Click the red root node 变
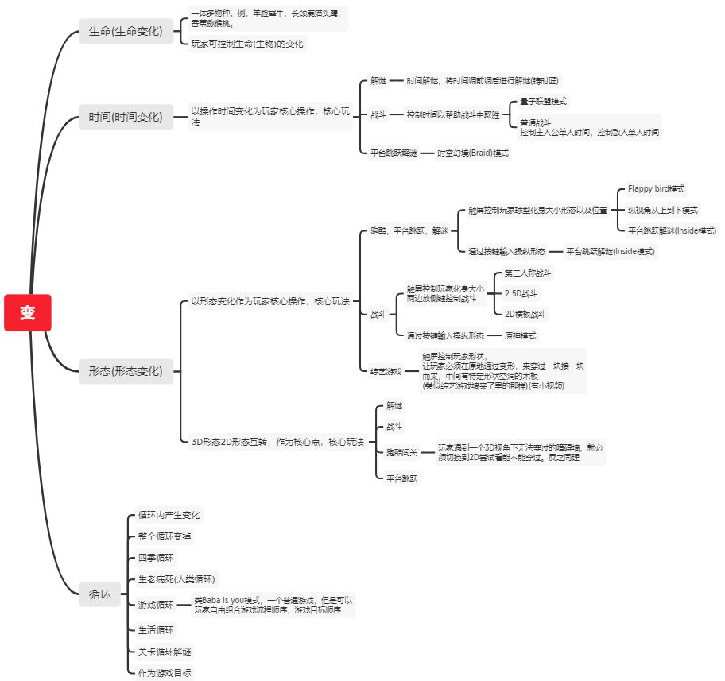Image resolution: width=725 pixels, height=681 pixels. (x=28, y=312)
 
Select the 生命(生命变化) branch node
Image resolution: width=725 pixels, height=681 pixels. (x=126, y=32)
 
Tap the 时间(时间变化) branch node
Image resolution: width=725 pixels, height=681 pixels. (x=126, y=118)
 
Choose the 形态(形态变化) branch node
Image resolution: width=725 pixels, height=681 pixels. (x=126, y=371)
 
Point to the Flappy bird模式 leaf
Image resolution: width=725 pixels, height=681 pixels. (x=657, y=189)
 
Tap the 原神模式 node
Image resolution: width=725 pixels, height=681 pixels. (x=520, y=335)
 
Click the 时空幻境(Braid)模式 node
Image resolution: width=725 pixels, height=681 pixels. (x=472, y=153)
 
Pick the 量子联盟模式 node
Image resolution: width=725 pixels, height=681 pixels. (x=544, y=102)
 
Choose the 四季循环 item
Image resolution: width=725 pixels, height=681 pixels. (x=156, y=558)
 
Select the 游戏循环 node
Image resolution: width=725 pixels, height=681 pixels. (x=156, y=605)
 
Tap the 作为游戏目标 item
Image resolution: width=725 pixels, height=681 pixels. (x=165, y=673)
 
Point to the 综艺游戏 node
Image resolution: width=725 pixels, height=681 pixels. (x=386, y=371)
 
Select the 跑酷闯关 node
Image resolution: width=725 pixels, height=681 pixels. (x=401, y=452)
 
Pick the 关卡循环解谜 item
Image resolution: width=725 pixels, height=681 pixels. (x=165, y=652)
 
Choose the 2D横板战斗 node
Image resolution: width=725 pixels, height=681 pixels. (x=526, y=314)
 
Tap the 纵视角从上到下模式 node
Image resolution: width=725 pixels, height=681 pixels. (x=663, y=210)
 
